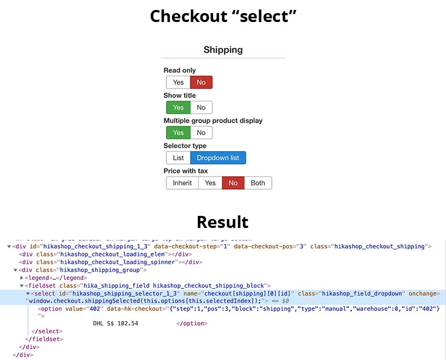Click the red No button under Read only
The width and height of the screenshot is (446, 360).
click(x=201, y=82)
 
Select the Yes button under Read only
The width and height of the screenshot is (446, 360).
click(x=178, y=82)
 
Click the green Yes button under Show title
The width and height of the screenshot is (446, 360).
click(x=178, y=107)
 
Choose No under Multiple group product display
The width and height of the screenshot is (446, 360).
click(x=201, y=133)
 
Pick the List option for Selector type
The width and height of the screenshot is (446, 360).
click(x=178, y=158)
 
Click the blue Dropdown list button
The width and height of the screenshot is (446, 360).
click(x=218, y=158)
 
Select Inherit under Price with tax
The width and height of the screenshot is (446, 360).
click(x=182, y=183)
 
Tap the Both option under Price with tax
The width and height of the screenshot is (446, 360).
click(x=258, y=183)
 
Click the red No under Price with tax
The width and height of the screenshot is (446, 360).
click(x=233, y=183)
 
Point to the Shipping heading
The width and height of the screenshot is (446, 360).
click(x=223, y=50)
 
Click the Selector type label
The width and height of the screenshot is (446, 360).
click(x=185, y=146)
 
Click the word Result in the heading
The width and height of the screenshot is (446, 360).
click(x=222, y=222)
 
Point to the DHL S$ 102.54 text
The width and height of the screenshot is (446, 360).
click(x=115, y=323)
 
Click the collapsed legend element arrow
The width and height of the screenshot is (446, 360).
click(x=21, y=278)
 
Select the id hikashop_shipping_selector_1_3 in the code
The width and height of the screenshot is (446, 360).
click(x=125, y=293)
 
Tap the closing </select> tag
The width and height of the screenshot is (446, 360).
click(x=47, y=331)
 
